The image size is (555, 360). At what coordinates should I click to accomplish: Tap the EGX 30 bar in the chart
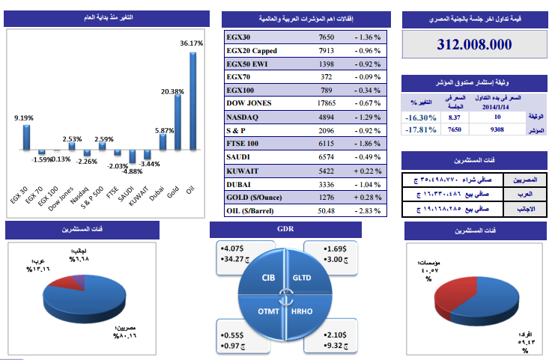(27, 138)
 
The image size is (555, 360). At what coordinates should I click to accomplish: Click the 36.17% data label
(192, 43)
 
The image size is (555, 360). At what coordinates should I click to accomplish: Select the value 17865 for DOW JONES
(326, 103)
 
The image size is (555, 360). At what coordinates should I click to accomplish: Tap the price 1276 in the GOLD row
(326, 197)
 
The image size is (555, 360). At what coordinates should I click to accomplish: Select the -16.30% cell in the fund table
(419, 118)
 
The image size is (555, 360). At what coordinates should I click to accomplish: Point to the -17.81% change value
(419, 129)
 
